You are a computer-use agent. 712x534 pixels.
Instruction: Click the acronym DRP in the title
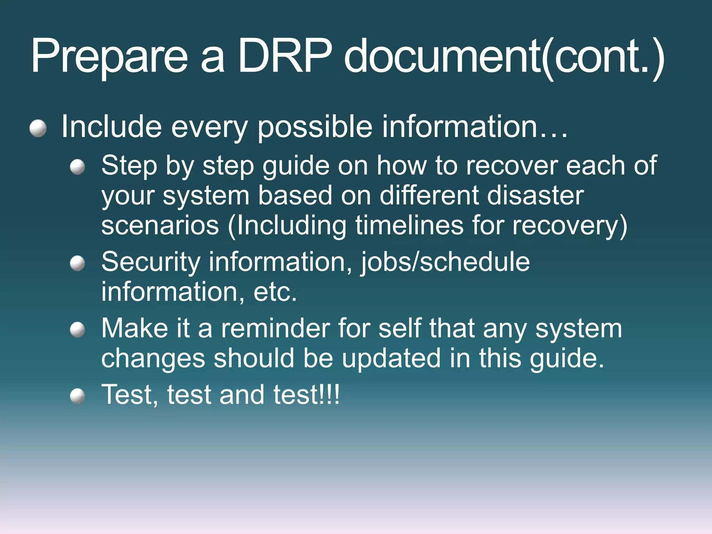285,56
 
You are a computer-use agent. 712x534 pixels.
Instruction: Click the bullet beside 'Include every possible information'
38,129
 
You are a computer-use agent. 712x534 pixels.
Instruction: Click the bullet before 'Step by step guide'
77,167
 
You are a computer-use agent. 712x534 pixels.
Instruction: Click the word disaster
535,195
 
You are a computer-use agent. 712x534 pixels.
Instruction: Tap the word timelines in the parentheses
409,225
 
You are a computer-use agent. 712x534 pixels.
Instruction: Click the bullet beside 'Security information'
77,264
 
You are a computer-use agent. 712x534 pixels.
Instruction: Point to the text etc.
275,292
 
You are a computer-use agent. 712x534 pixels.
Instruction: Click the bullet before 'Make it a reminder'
77,330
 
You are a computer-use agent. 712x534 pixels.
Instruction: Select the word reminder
275,328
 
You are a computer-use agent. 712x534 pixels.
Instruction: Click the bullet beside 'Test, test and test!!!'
77,396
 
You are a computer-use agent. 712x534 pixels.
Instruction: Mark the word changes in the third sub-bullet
153,359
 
